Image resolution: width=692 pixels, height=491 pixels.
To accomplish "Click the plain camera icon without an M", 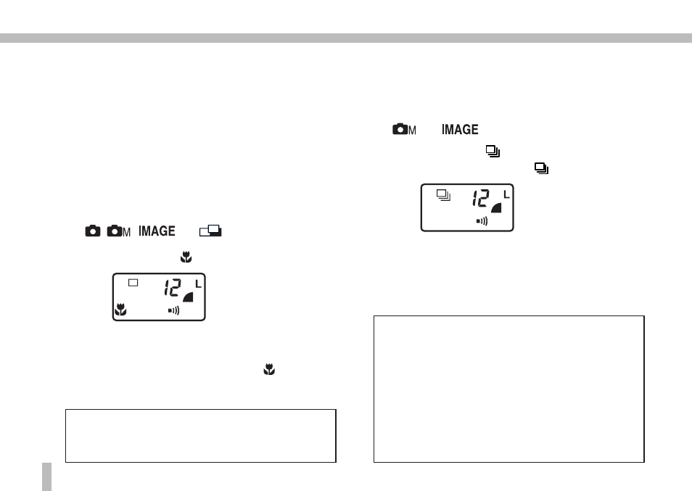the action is (x=93, y=231).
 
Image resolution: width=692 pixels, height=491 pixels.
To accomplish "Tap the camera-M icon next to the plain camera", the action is (x=119, y=231).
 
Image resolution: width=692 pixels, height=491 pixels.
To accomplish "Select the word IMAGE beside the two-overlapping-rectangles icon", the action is (x=157, y=231).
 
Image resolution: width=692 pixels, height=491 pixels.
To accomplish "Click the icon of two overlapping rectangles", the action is (x=210, y=231).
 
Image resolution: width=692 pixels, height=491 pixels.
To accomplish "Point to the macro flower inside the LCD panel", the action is (x=120, y=310).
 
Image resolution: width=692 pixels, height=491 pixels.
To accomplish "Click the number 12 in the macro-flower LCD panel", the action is (x=173, y=288).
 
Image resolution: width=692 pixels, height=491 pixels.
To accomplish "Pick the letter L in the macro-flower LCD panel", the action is (x=198, y=284).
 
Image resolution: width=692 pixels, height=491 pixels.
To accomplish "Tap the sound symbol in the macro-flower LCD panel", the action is (x=173, y=310).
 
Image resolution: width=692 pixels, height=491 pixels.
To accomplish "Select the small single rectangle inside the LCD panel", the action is (x=133, y=283).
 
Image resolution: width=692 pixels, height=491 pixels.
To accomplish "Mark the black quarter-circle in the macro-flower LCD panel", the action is (x=189, y=298).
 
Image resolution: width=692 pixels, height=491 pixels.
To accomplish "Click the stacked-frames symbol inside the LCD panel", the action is (x=443, y=195).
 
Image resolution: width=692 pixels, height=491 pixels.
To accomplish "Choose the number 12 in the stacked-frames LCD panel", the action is (x=481, y=199).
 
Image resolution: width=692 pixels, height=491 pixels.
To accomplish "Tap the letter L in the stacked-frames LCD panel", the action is (x=506, y=194).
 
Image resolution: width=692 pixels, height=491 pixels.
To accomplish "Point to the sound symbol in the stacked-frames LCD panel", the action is (x=482, y=221).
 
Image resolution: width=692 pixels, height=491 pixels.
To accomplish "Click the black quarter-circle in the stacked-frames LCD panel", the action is (x=498, y=208).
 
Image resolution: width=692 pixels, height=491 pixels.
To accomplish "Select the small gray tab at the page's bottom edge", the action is (x=46, y=476).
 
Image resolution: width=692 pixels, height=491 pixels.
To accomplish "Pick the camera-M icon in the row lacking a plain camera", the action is (x=404, y=129).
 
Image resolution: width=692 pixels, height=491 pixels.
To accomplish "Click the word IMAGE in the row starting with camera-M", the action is (x=460, y=129).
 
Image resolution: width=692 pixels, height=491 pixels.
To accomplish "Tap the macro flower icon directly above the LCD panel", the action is (x=186, y=257).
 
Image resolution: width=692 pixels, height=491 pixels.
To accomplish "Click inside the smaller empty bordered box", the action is (x=201, y=436).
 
